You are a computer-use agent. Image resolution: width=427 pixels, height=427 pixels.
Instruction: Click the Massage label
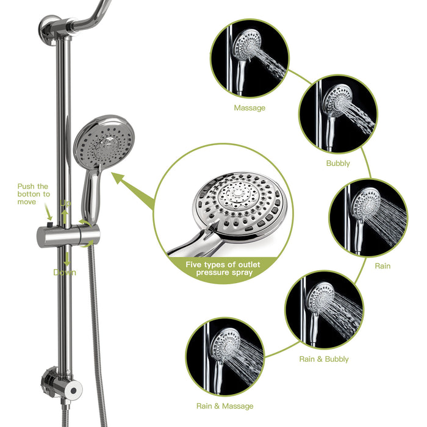click(x=249, y=108)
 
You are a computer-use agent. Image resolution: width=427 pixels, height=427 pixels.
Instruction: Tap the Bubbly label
click(x=338, y=163)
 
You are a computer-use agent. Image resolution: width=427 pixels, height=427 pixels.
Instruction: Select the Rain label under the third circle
click(x=382, y=266)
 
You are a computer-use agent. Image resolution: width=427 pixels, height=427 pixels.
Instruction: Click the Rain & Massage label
click(x=224, y=406)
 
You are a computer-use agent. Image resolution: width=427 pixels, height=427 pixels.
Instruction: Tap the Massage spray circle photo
click(x=249, y=58)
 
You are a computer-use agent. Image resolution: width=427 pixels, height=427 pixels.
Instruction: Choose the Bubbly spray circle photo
click(x=338, y=113)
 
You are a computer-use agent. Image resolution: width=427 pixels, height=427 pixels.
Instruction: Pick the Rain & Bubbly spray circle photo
click(x=324, y=310)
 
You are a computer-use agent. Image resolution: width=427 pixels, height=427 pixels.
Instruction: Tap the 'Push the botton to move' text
click(x=34, y=194)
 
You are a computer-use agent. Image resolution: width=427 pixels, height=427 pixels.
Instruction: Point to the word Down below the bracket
click(x=65, y=272)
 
